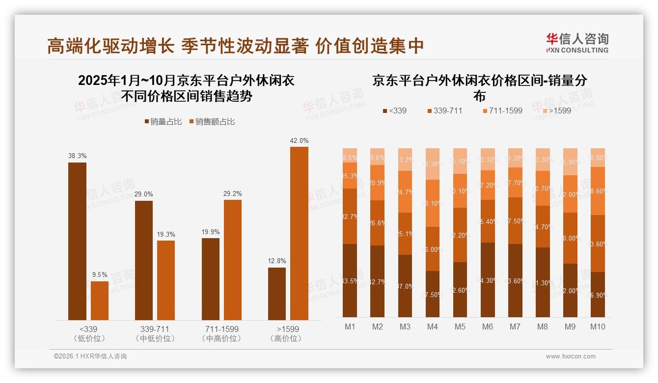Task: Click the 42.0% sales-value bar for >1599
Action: pos(299,233)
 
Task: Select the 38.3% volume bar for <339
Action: pos(77,241)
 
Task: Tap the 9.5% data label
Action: pos(100,274)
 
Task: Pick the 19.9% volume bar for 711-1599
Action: pos(211,279)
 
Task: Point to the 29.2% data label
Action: pos(233,193)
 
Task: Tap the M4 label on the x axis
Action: pos(432,327)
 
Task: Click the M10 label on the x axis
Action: pos(597,327)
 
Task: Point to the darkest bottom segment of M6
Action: pos(488,280)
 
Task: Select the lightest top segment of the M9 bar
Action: pos(570,162)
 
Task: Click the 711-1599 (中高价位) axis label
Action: pos(221,333)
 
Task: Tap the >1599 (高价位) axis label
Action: pos(287,333)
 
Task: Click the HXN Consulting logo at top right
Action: pos(577,43)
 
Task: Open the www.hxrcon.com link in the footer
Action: pos(571,356)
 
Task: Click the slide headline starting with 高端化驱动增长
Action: pos(235,46)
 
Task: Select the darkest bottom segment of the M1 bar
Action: pos(350,280)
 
